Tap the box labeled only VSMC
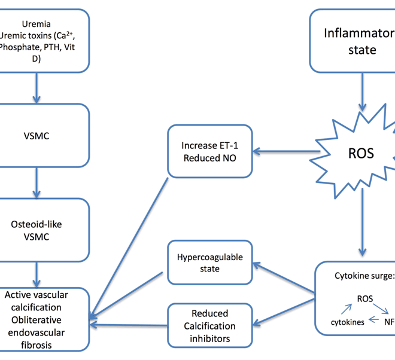coord(39,136)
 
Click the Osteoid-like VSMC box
coord(39,231)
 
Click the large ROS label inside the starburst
coord(361,153)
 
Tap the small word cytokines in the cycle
coord(348,321)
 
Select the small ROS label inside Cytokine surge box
coord(365,298)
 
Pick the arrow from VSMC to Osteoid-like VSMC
coord(37,182)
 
